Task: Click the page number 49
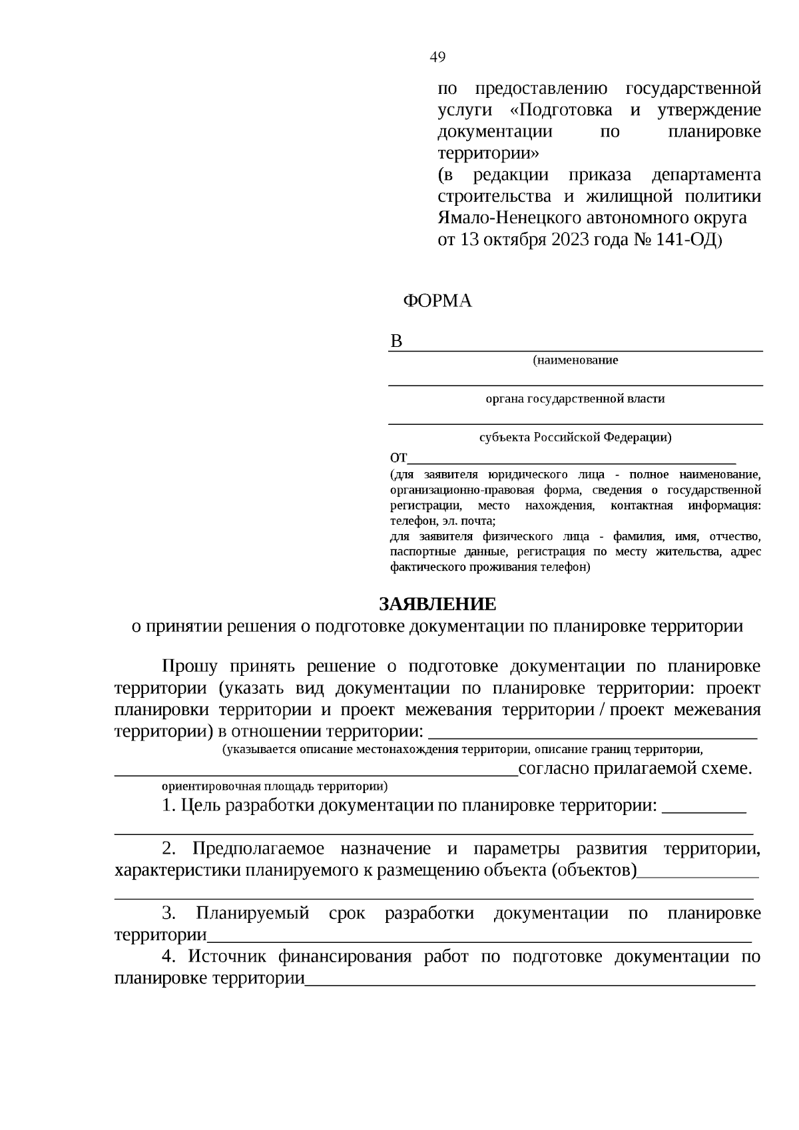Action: (437, 57)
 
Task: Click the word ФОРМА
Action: (437, 301)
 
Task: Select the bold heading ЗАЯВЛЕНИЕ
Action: (437, 604)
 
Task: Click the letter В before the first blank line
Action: (396, 342)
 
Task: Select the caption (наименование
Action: (575, 360)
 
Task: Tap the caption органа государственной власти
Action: (575, 399)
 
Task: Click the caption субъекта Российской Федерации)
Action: (575, 437)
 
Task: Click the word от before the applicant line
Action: (398, 458)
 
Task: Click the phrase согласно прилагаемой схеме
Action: (635, 768)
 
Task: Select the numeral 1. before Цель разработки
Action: (168, 806)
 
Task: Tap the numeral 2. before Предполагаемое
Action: (168, 849)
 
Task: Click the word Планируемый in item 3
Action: (252, 913)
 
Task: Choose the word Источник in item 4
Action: (227, 957)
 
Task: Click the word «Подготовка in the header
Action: (565, 110)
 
